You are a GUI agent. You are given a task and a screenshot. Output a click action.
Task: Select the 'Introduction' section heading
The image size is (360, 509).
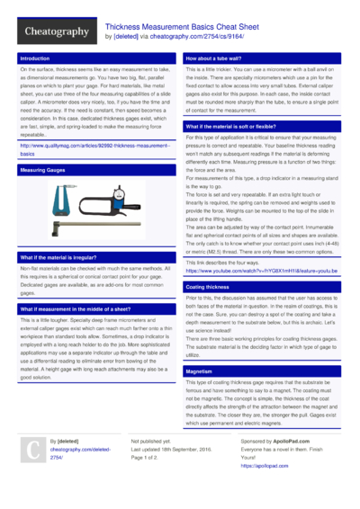tap(35, 58)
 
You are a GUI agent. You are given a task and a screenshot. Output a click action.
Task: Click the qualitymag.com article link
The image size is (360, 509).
tap(94, 148)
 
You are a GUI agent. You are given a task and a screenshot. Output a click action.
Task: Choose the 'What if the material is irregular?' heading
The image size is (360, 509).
tap(63, 257)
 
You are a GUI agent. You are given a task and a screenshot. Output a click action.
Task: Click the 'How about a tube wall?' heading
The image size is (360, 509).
tap(216, 58)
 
